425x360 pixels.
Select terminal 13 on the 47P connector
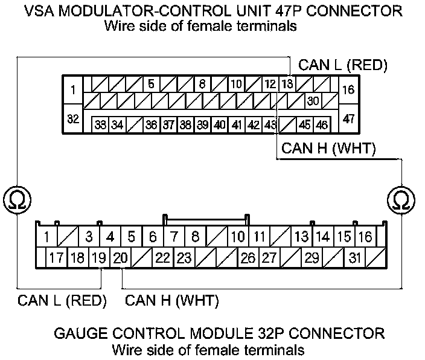[x=288, y=84]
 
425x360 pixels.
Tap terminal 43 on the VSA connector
[x=270, y=124]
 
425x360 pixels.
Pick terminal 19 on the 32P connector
[x=100, y=258]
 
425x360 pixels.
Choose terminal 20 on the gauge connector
[x=121, y=258]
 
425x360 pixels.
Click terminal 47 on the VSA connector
[x=349, y=119]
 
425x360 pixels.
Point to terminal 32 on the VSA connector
[x=73, y=119]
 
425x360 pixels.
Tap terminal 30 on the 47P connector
[x=312, y=100]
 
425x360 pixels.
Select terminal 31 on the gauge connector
[x=354, y=258]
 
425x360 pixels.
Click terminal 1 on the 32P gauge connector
[x=47, y=236]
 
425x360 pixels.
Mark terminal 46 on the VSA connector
[x=322, y=124]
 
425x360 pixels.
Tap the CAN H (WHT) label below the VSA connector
[x=329, y=148]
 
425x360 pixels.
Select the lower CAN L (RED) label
[x=62, y=300]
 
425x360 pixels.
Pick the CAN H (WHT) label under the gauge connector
[x=171, y=300]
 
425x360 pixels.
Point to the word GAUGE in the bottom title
[x=80, y=333]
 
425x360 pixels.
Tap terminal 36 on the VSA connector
[x=152, y=124]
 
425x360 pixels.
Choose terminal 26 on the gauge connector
[x=248, y=258]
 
